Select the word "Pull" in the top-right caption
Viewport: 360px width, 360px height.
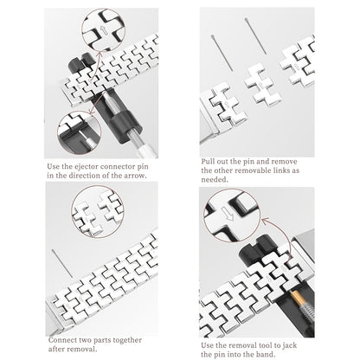(208, 161)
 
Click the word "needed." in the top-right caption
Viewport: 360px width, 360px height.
(215, 179)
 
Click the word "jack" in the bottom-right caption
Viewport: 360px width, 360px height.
(290, 345)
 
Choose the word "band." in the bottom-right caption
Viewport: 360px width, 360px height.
(266, 354)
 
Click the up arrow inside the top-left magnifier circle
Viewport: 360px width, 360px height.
(105, 30)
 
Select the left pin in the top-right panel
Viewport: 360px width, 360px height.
(222, 53)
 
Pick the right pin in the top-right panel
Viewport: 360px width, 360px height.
(255, 35)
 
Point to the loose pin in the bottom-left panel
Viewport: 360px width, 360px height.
(62, 263)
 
